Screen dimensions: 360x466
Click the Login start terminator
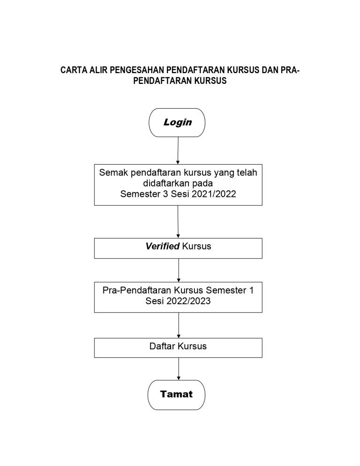tap(177, 122)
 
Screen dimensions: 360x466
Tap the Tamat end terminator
tap(176, 395)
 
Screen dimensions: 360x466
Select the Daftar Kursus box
tap(178, 347)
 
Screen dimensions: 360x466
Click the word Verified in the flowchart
tap(162, 246)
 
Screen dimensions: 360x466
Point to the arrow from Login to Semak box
tap(178, 150)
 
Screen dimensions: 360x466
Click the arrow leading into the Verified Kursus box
tap(178, 222)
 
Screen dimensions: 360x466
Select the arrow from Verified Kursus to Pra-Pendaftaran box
tap(179, 270)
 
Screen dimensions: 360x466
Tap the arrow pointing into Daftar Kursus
tap(179, 325)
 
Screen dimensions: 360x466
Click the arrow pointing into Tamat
tap(179, 369)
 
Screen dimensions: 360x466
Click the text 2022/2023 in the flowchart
tap(188, 301)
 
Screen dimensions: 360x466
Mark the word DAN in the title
tap(269, 70)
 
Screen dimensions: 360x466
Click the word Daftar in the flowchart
tap(162, 346)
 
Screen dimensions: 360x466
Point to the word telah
tap(247, 173)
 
